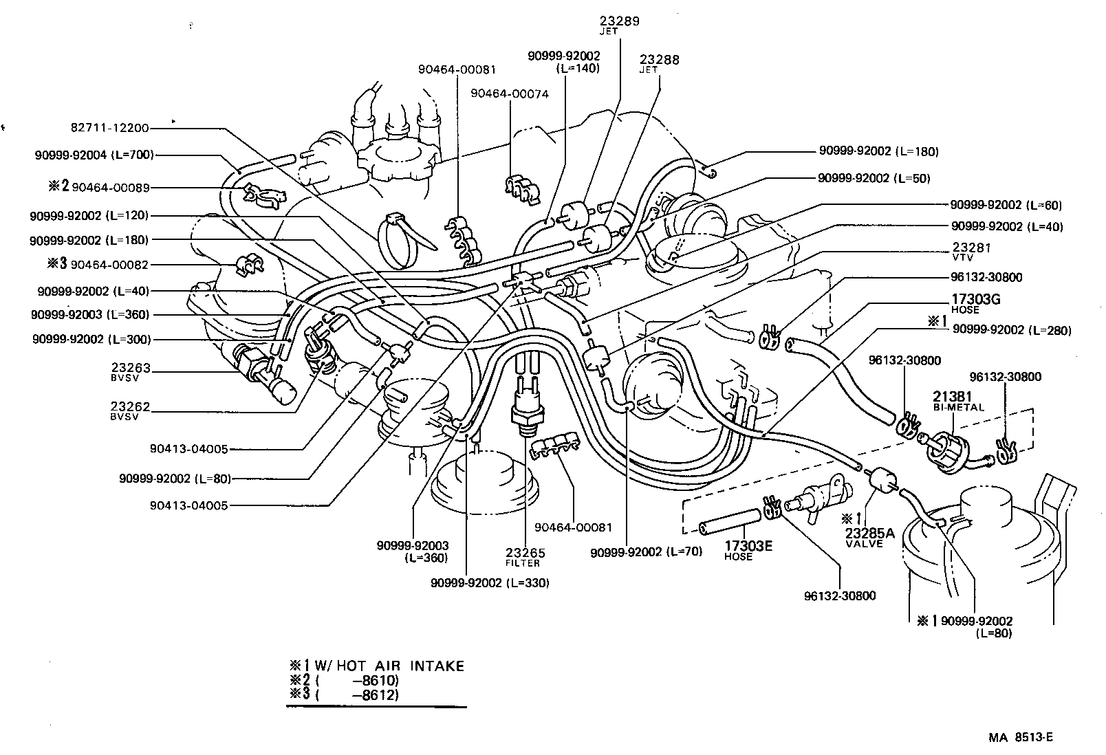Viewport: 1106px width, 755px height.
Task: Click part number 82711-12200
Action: (110, 128)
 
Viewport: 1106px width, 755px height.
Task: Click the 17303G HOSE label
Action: (975, 303)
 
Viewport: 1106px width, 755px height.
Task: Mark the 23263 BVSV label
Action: (131, 372)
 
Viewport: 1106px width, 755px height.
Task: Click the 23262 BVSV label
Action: (131, 411)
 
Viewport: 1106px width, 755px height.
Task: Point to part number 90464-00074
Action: (510, 94)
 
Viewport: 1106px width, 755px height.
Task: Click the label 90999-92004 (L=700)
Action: (94, 155)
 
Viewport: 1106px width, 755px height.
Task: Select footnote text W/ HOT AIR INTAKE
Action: (389, 666)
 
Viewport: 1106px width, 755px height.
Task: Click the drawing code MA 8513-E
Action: (1021, 738)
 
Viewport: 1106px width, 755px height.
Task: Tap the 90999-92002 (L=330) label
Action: (490, 582)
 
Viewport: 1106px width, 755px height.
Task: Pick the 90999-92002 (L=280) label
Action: (1011, 331)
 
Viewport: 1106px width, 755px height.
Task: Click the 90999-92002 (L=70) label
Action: (646, 551)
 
